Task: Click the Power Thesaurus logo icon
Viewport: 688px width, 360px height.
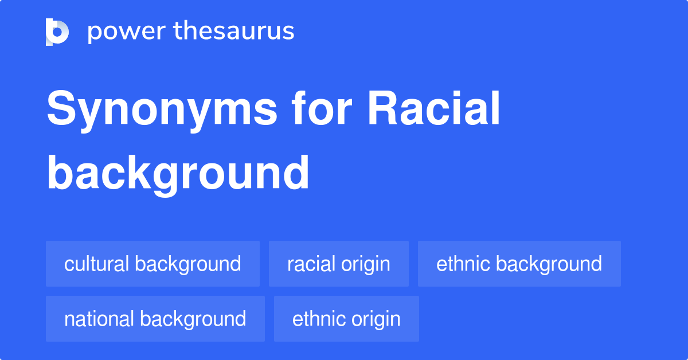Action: [x=57, y=32]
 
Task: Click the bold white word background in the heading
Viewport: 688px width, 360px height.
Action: [x=178, y=173]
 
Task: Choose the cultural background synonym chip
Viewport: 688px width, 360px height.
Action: [x=153, y=264]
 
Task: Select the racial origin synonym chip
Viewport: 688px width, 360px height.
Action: [x=338, y=264]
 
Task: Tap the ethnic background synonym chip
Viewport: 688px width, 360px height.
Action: [x=519, y=264]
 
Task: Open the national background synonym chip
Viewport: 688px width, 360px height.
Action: [x=155, y=319]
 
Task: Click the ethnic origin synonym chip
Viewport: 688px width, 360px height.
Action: [x=346, y=319]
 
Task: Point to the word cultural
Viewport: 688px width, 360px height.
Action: [x=96, y=264]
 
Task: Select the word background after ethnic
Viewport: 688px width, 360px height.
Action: [x=549, y=264]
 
